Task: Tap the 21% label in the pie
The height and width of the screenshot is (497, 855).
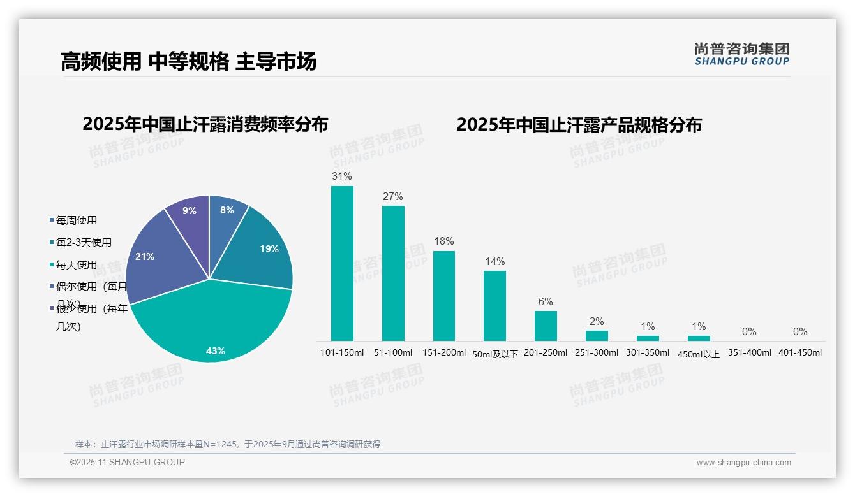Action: (145, 257)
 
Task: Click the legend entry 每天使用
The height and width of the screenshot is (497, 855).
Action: (77, 264)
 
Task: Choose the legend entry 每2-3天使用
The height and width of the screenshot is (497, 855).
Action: (84, 242)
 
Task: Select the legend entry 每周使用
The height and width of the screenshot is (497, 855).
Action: (77, 220)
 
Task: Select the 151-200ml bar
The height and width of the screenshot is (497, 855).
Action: (444, 296)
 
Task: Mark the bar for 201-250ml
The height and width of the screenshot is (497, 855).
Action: (546, 326)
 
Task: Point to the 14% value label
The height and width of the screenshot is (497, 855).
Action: (494, 261)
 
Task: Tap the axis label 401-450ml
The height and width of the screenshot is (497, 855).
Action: (800, 352)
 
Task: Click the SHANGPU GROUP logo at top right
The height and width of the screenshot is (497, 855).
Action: (742, 54)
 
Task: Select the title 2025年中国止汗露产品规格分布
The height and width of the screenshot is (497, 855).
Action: (579, 124)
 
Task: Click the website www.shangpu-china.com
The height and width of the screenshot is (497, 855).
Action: (743, 463)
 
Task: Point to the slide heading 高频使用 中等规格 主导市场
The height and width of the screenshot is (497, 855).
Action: (189, 61)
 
